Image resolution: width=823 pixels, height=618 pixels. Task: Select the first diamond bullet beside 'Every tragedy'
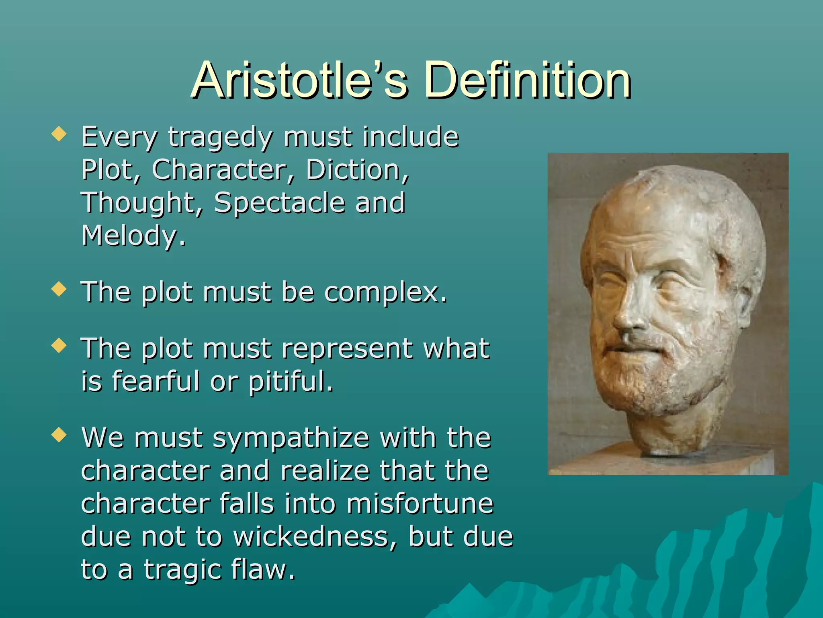[x=59, y=134]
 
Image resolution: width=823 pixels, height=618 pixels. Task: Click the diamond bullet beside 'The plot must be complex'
[x=59, y=289]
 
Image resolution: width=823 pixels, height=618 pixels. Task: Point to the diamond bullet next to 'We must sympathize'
[x=59, y=435]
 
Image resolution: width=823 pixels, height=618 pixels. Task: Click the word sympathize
[x=291, y=439]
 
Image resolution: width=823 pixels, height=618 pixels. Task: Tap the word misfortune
[x=420, y=504]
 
